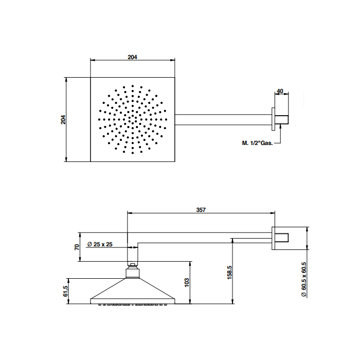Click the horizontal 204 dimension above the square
click(132, 57)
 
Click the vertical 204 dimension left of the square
click(63, 120)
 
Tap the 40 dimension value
click(280, 91)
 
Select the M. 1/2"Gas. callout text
click(257, 143)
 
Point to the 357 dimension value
click(201, 210)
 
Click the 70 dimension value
click(77, 247)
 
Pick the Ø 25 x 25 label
click(100, 244)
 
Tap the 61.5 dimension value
click(65, 291)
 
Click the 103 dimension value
click(187, 283)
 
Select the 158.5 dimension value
click(229, 273)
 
